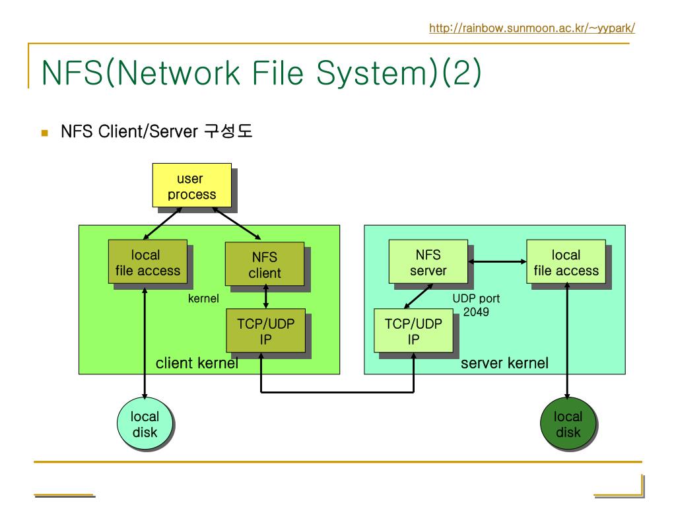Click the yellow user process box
coord(192,186)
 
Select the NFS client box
coord(265,264)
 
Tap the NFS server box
coord(428,261)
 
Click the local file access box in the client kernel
coord(147,261)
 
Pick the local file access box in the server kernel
coord(566,261)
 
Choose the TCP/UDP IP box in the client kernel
coord(265,331)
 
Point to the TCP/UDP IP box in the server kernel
coord(413,331)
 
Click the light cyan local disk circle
coord(145,424)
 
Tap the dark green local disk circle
coord(568,424)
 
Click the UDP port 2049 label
coord(476,305)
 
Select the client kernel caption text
coord(197,363)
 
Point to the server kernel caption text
coord(504,363)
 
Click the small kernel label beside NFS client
coord(203,298)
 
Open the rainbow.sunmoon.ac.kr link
coord(532,28)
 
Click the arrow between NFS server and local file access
coord(497,261)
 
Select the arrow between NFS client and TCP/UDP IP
coord(265,297)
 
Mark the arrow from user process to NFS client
coord(237,223)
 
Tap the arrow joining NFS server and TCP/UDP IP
coord(418,296)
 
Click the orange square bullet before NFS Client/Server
coord(44,133)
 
